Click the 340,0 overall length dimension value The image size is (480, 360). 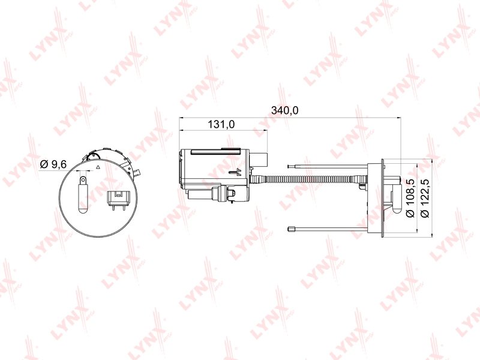pos(284,110)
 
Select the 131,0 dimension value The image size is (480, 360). pos(221,124)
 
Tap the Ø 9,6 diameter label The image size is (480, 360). pos(53,164)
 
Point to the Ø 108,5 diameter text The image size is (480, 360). pos(410,198)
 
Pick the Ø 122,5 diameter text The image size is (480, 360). pos(425,198)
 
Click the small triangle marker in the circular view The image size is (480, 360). pos(98,167)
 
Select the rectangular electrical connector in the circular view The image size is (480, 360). pos(118,200)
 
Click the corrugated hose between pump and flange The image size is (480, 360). pos(306,179)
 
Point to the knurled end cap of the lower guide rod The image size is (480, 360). pos(291,229)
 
